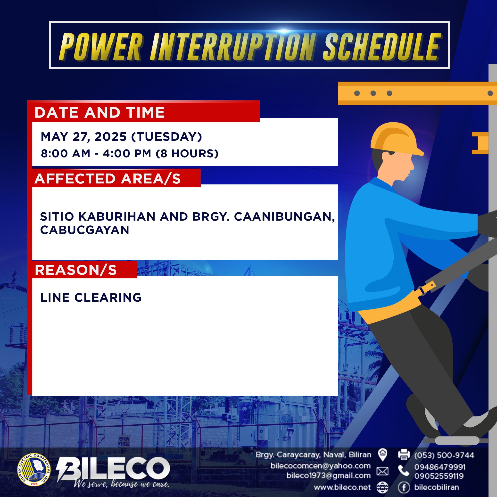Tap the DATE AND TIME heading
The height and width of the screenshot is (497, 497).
[x=99, y=112]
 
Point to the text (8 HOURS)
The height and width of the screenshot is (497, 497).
[x=187, y=154]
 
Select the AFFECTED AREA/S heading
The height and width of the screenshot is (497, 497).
[x=108, y=179]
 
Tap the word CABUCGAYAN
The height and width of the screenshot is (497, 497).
[x=85, y=230]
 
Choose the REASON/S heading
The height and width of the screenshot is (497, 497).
[x=76, y=270]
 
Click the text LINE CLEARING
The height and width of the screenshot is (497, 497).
[x=91, y=298]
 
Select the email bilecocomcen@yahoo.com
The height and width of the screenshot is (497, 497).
[x=321, y=466]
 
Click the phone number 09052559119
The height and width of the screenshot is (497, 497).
[x=439, y=476]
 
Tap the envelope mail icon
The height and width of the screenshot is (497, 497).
[x=382, y=471]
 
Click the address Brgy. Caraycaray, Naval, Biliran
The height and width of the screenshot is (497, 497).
[x=314, y=455]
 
